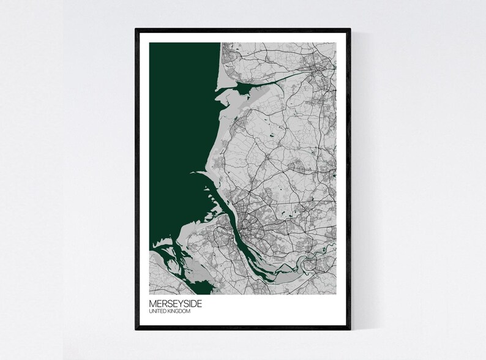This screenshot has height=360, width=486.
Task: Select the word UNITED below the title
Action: (x=157, y=312)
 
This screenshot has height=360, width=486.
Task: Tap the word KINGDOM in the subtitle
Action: (x=179, y=312)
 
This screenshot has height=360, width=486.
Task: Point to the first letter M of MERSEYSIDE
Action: (x=152, y=303)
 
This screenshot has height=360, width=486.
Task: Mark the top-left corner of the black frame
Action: (x=136, y=29)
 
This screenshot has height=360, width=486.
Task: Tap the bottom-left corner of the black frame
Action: (x=136, y=329)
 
